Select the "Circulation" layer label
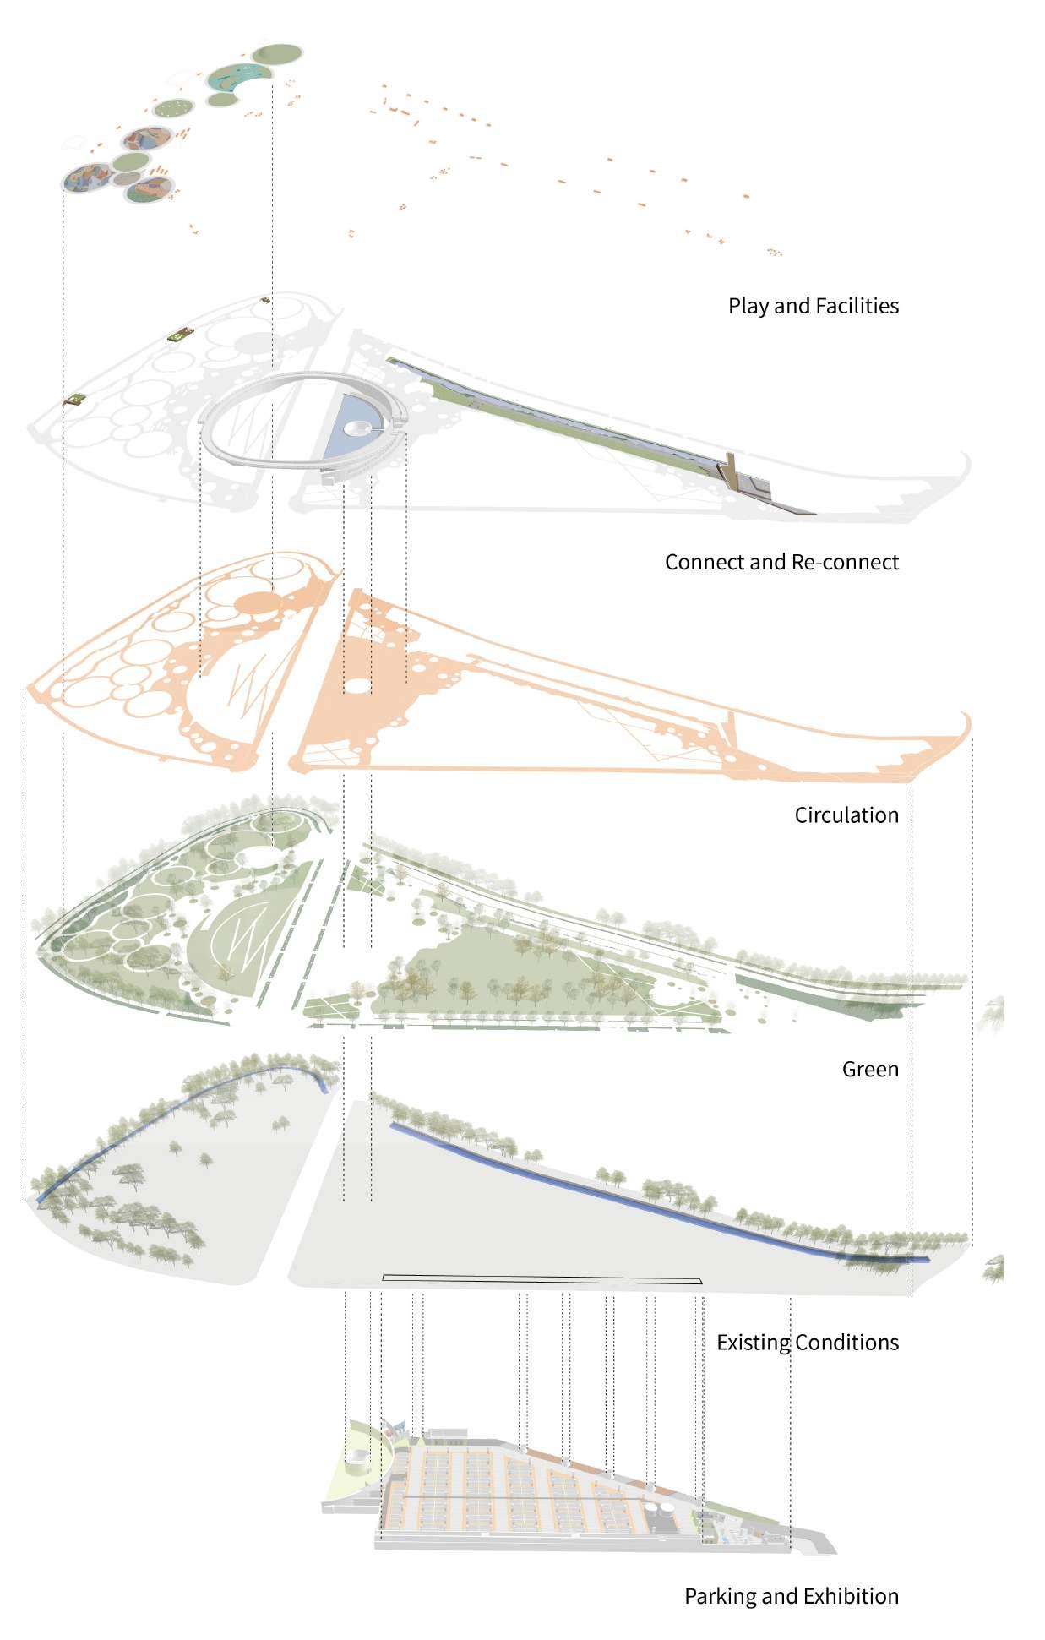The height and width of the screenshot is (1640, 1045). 846,815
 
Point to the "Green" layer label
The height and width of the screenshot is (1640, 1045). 870,1070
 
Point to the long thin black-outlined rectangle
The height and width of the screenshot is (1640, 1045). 542,1280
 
